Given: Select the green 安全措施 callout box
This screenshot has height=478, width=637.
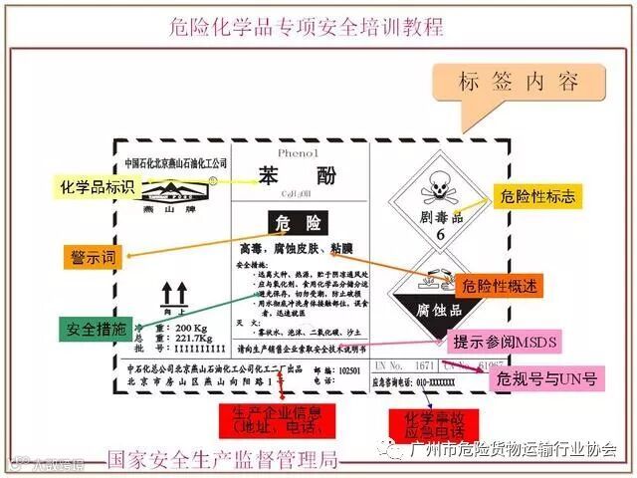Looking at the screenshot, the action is coord(97,329).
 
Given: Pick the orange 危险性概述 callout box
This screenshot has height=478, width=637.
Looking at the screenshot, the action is coord(504,286).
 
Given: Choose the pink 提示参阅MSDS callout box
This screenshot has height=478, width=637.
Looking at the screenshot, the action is coord(506,343).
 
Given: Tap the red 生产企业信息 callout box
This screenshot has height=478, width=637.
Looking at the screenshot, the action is coord(274,420).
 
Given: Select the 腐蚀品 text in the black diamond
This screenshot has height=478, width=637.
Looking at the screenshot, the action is coord(435,310).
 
